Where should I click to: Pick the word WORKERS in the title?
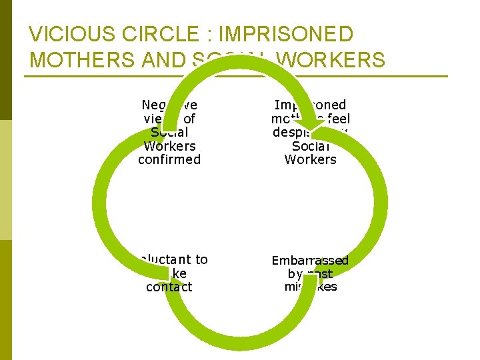coord(331,60)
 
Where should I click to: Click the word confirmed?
coord(169,160)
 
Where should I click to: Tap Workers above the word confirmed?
coord(169,146)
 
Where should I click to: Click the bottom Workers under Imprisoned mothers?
coord(310,160)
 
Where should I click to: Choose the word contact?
coord(169,287)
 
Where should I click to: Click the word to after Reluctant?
coord(201,260)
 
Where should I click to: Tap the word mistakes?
coord(311,287)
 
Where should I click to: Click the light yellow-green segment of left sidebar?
coord(6,180)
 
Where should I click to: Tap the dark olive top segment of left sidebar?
coord(6,60)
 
